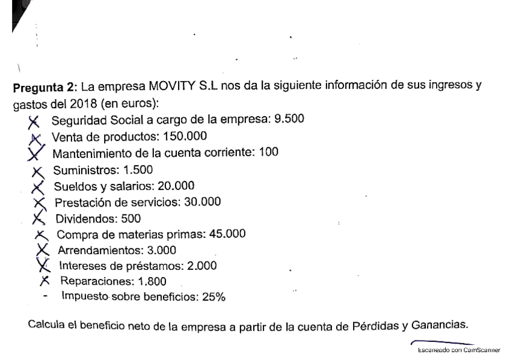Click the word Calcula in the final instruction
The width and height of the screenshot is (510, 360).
(46, 328)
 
